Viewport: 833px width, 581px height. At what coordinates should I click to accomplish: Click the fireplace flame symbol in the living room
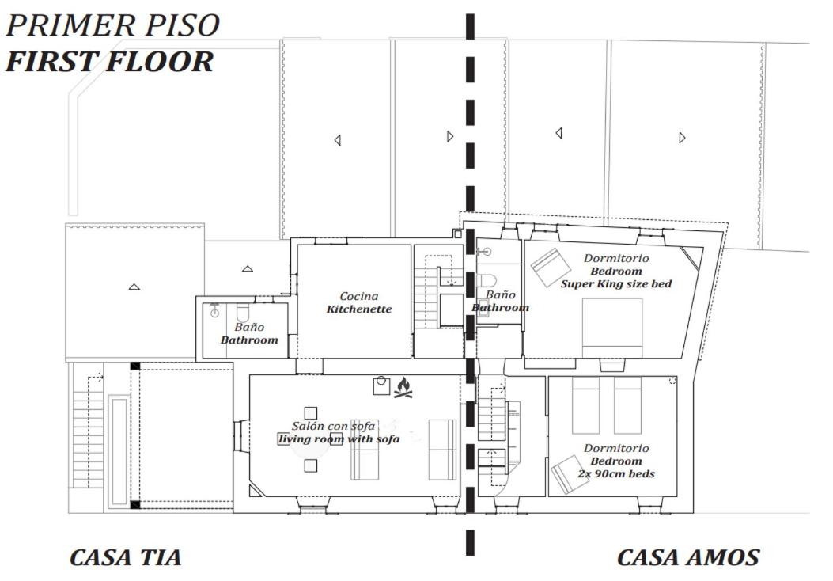click(x=403, y=388)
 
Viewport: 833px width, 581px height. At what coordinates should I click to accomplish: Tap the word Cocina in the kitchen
click(x=359, y=296)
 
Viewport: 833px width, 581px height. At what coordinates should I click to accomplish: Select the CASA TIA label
click(x=125, y=557)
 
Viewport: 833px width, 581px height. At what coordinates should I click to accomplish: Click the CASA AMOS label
click(x=688, y=557)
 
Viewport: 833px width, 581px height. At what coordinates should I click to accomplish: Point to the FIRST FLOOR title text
click(x=109, y=61)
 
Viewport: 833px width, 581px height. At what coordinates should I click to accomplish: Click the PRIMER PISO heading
click(x=112, y=25)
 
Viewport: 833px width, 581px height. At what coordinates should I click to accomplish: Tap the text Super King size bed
click(x=616, y=284)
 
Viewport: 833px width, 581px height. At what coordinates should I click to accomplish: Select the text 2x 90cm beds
click(x=616, y=473)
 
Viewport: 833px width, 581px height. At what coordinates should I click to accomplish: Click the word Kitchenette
click(x=359, y=309)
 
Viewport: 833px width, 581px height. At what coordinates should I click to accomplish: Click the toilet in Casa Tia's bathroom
click(x=243, y=313)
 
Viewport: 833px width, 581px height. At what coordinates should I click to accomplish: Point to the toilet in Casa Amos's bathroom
click(x=487, y=280)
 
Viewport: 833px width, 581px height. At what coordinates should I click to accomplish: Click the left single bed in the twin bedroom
click(x=585, y=405)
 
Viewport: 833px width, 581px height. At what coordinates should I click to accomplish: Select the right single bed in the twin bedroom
click(x=628, y=405)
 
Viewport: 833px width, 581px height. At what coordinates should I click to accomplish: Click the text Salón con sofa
click(x=334, y=426)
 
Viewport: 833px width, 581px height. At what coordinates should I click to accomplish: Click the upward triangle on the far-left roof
click(x=134, y=287)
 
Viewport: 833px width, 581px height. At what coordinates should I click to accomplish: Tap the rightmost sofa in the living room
click(x=442, y=450)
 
